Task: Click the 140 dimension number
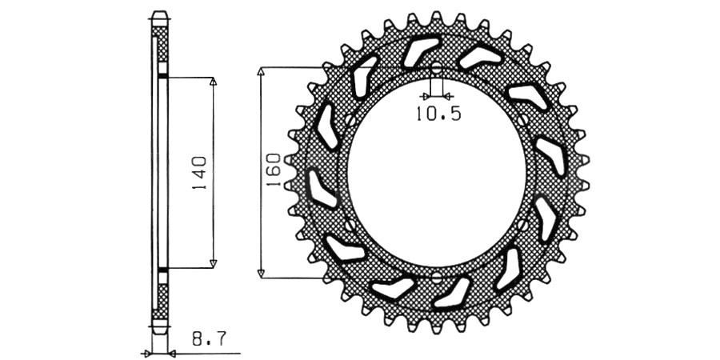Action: (x=199, y=174)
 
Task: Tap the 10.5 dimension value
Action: (x=438, y=114)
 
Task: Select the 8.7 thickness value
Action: (x=209, y=339)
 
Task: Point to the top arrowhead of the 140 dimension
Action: (x=213, y=81)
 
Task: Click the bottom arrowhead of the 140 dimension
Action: (x=213, y=263)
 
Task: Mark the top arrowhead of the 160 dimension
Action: (x=261, y=71)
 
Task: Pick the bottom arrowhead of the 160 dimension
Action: (x=261, y=274)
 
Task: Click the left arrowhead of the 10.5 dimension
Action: (x=426, y=97)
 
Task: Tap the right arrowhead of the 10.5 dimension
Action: (x=448, y=97)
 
